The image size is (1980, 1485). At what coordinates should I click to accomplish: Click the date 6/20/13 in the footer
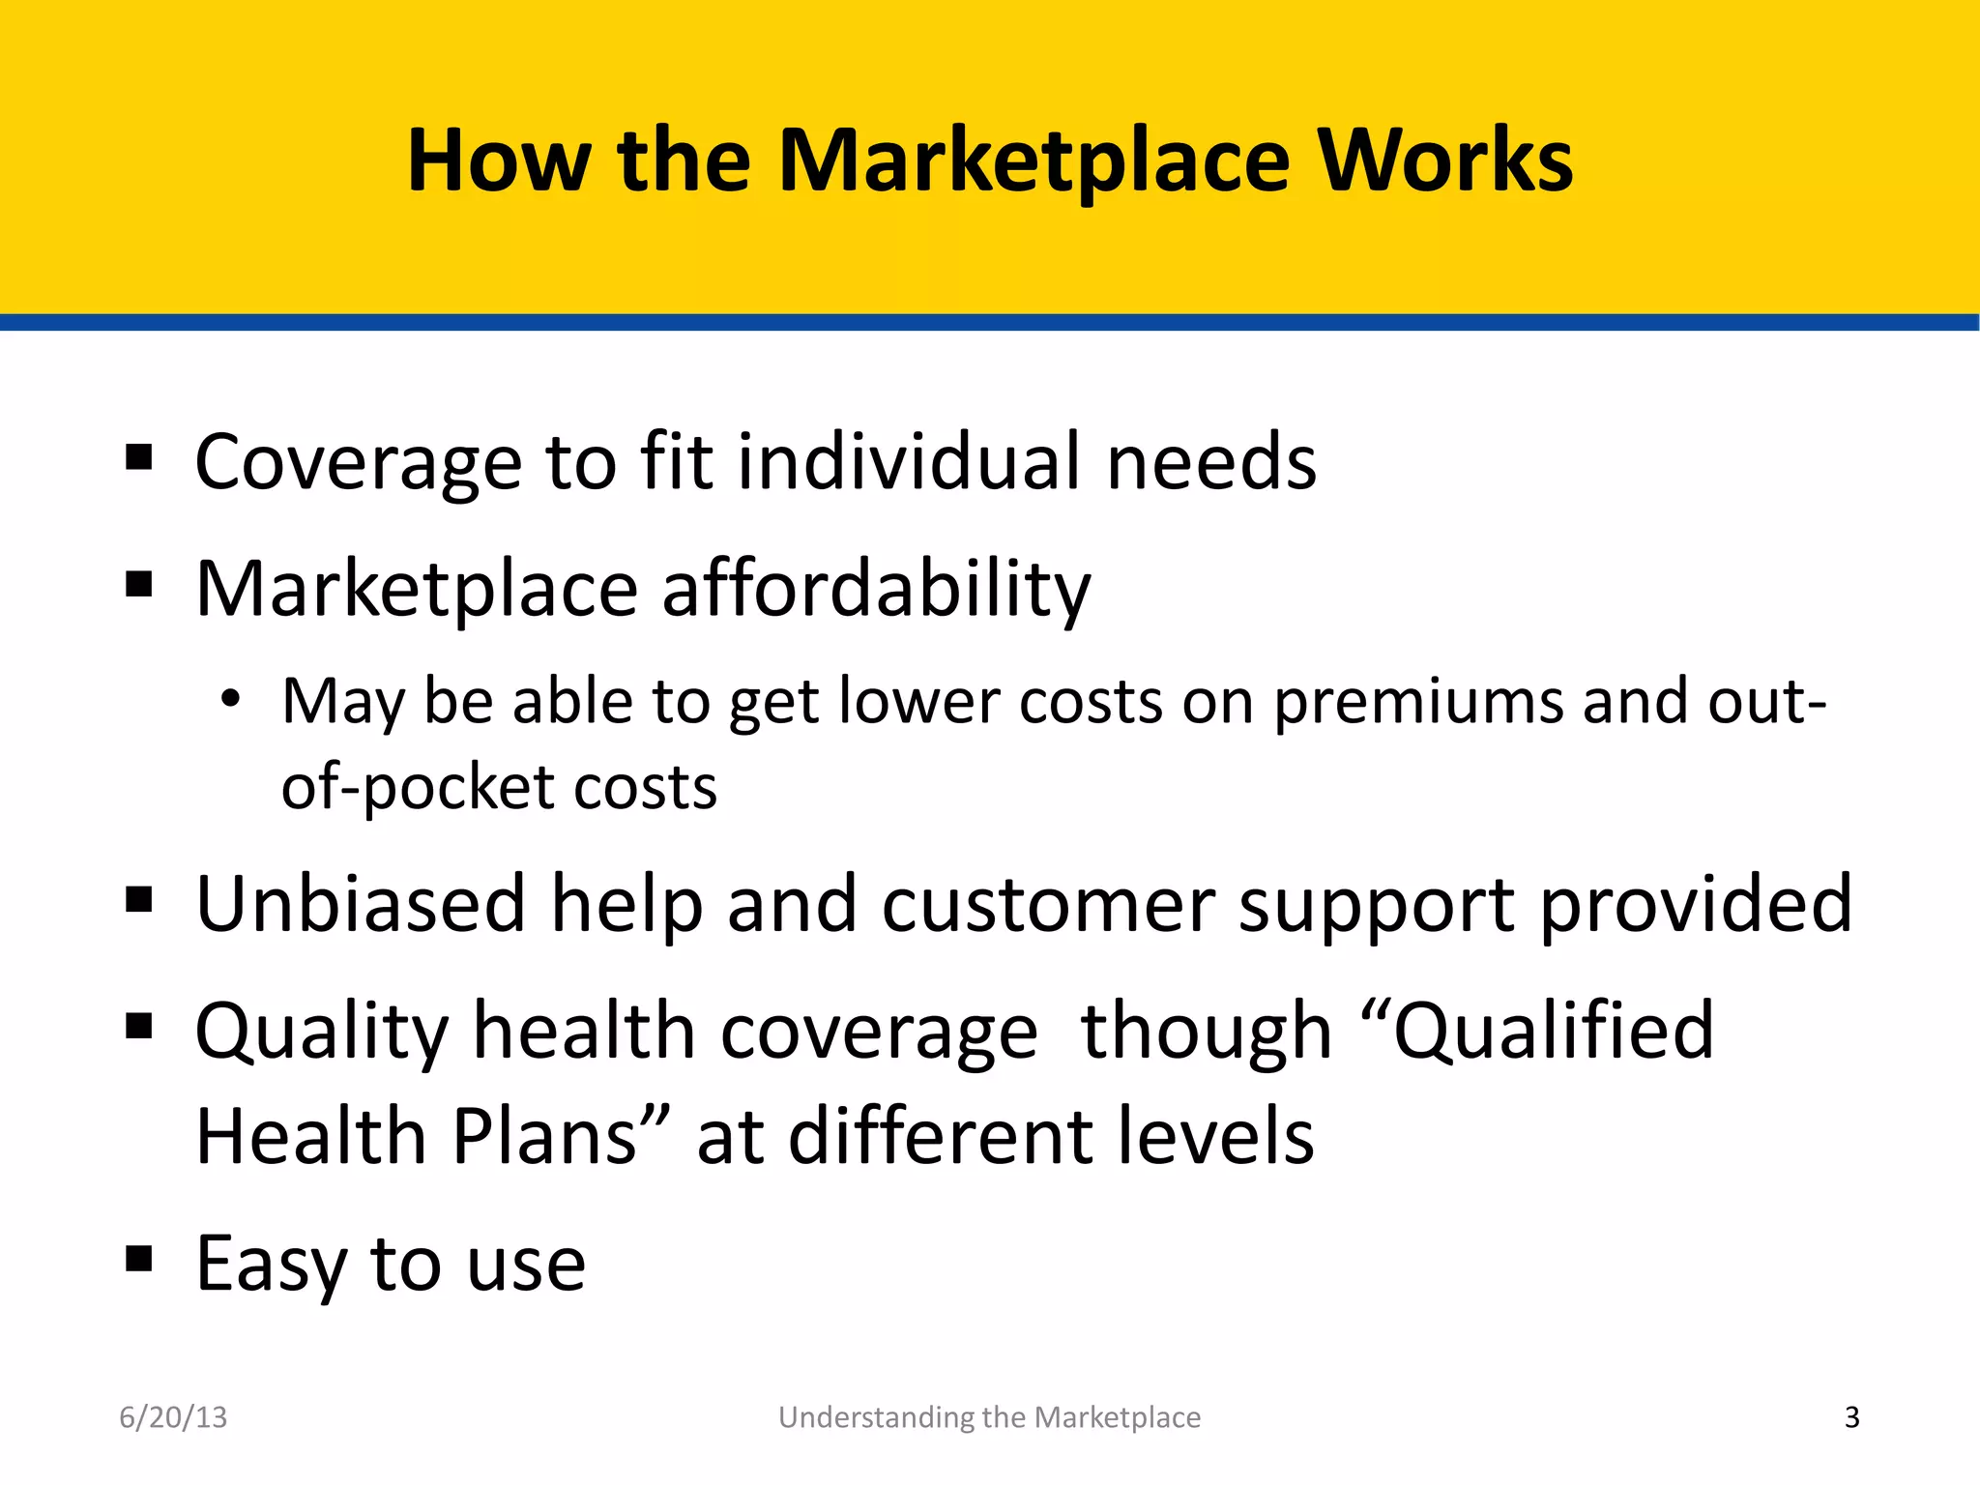pyautogui.click(x=173, y=1417)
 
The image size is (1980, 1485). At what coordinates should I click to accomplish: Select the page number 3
pyautogui.click(x=1851, y=1417)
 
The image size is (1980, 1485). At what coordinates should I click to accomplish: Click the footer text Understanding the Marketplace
pyautogui.click(x=989, y=1417)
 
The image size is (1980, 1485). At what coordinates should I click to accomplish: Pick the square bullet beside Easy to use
pyautogui.click(x=139, y=1259)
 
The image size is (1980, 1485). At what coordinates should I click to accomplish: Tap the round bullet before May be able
pyautogui.click(x=229, y=699)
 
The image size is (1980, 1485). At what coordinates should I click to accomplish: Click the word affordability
pyautogui.click(x=876, y=590)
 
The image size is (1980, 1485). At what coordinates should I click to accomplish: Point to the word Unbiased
pyautogui.click(x=361, y=905)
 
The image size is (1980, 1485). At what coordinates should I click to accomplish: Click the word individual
pyautogui.click(x=909, y=462)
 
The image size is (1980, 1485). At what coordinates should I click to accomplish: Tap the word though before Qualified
pyautogui.click(x=1206, y=1032)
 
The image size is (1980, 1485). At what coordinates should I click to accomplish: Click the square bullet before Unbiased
pyautogui.click(x=139, y=899)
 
